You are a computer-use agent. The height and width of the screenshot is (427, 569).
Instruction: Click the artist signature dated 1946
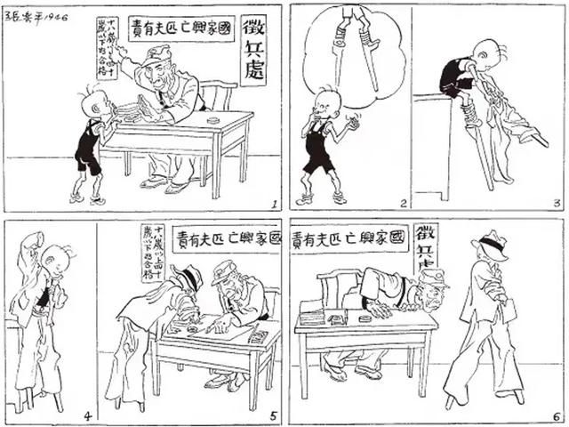click(x=36, y=17)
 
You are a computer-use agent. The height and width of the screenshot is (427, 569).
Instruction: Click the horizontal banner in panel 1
click(x=181, y=28)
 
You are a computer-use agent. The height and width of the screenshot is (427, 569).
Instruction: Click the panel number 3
click(x=556, y=203)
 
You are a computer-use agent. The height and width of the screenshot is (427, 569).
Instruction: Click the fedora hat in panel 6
click(x=491, y=244)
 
